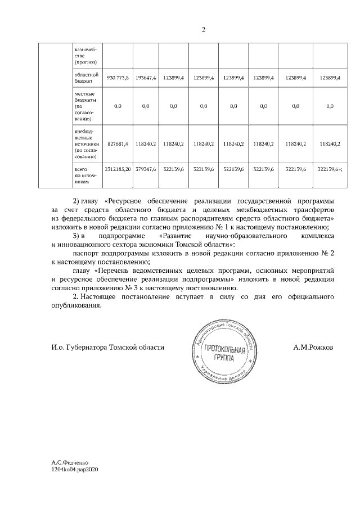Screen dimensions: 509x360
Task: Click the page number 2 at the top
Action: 204,30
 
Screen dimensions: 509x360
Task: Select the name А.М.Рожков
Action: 313,348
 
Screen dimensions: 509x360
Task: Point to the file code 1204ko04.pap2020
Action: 75,469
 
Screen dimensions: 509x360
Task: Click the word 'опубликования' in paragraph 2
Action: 76,306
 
